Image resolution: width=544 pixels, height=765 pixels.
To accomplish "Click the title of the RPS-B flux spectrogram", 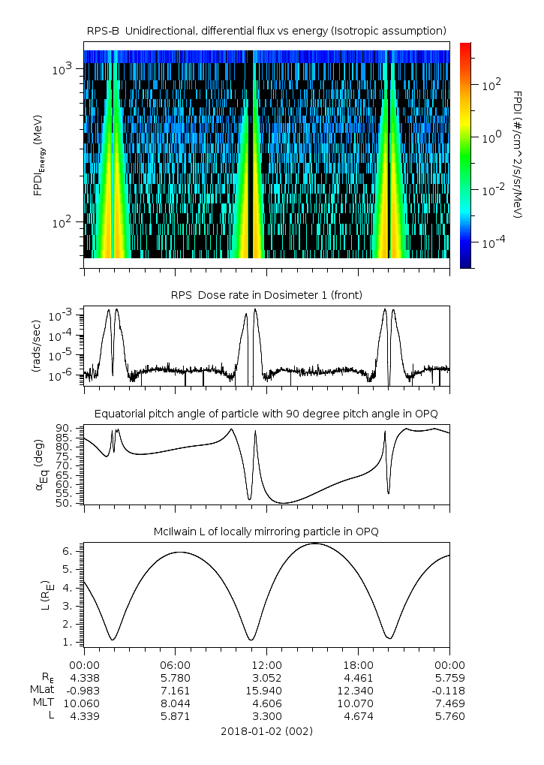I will click(x=266, y=30).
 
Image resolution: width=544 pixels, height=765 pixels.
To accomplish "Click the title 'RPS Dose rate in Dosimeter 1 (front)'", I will click(x=266, y=295).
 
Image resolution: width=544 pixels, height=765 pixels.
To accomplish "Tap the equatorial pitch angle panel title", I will click(x=266, y=414).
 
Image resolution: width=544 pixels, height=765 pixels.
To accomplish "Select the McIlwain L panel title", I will click(x=266, y=532).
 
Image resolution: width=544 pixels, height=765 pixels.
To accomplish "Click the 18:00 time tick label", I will click(x=358, y=665).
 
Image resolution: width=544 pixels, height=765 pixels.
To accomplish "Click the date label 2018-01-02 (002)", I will click(x=266, y=730).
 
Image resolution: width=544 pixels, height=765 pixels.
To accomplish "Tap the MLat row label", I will click(x=41, y=690).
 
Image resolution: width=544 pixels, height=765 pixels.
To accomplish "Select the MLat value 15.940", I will click(x=266, y=690).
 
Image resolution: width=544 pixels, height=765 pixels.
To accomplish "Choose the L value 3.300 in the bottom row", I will click(x=266, y=715).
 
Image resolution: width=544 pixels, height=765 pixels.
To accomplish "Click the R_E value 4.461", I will click(x=358, y=677).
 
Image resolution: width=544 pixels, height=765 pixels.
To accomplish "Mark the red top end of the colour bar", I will click(x=464, y=47).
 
